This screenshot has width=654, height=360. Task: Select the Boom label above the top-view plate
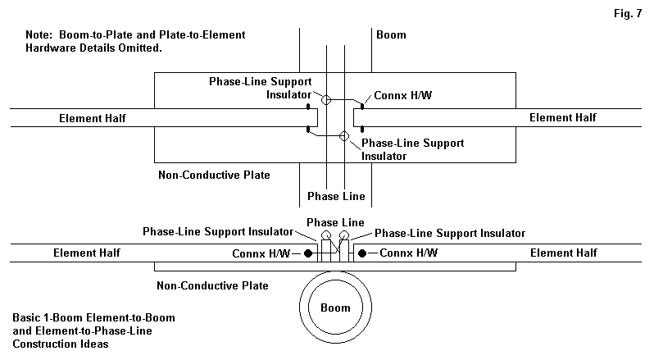(391, 35)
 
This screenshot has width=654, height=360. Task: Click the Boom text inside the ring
(335, 308)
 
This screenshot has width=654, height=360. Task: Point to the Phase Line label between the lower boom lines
(335, 196)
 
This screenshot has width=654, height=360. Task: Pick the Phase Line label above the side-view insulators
(335, 222)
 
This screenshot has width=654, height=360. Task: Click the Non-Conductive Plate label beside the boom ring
(212, 285)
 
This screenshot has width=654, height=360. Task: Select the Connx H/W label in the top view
(401, 96)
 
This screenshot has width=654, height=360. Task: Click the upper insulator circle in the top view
(325, 100)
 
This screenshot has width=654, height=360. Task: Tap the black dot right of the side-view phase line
(362, 253)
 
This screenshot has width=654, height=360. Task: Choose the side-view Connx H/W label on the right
(407, 253)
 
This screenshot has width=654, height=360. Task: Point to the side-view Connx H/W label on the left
(263, 253)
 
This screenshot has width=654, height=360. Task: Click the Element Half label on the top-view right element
(563, 117)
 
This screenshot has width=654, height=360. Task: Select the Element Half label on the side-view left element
(86, 253)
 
